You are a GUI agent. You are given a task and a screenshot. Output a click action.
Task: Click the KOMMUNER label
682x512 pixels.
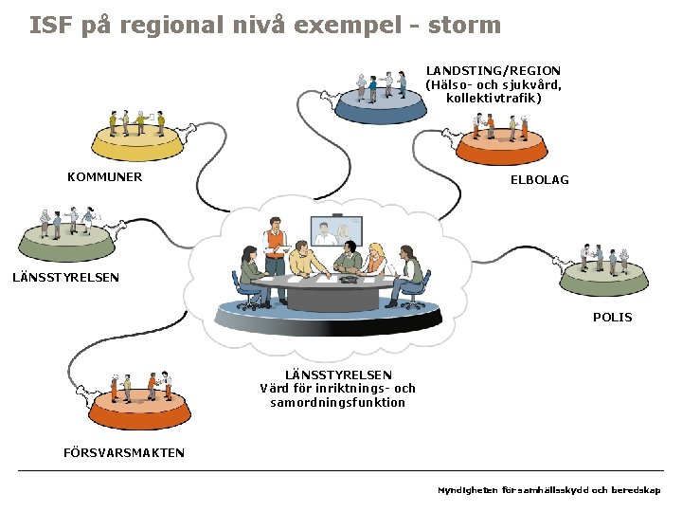click(104, 176)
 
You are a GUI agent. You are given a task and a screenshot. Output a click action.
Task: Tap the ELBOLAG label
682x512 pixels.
click(540, 179)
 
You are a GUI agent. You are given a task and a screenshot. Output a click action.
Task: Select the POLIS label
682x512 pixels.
click(612, 317)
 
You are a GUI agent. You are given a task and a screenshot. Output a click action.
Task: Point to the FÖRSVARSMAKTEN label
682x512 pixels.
click(124, 452)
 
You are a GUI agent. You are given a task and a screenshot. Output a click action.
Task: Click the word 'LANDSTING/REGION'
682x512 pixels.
click(493, 70)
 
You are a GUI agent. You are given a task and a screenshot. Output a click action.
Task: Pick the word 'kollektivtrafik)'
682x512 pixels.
click(494, 98)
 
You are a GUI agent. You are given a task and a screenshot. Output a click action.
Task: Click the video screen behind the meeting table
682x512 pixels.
click(336, 231)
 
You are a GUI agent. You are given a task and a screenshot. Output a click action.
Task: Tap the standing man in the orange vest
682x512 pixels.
click(275, 242)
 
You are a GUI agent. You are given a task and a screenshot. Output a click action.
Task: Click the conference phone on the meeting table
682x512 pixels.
click(348, 280)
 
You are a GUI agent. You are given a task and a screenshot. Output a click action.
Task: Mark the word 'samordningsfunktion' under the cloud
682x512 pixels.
click(337, 402)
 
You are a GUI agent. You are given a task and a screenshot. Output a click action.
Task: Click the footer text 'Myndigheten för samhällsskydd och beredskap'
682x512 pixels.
click(549, 490)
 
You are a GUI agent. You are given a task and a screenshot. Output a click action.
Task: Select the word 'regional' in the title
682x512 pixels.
click(180, 25)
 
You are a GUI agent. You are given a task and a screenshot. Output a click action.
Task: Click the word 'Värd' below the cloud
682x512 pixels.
click(276, 388)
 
